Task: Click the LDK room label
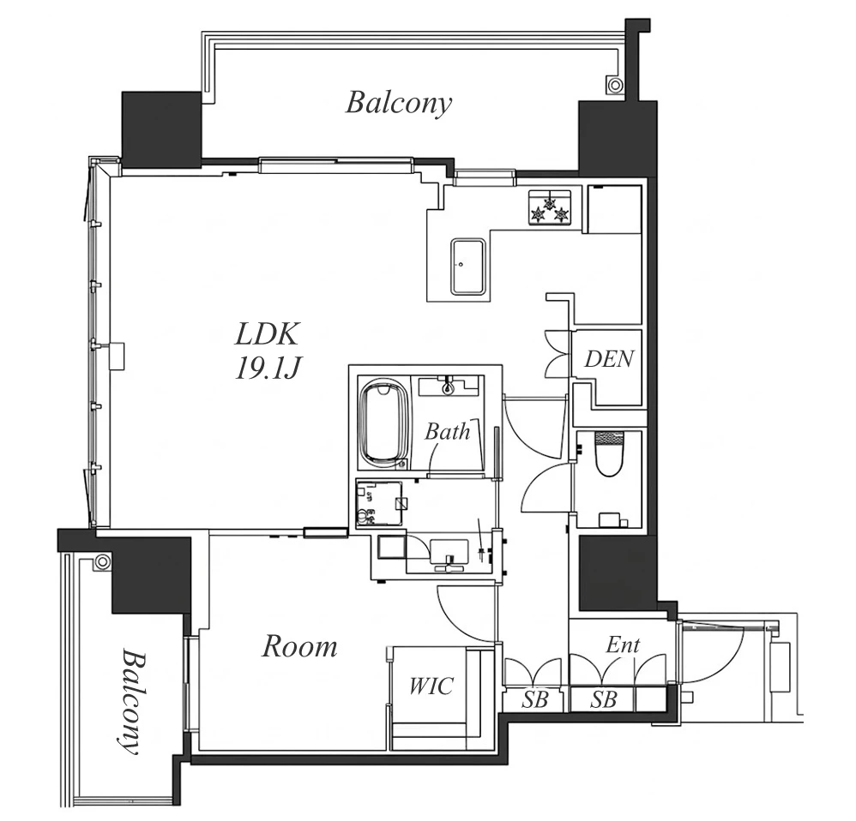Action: point(267,334)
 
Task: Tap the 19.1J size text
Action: point(268,369)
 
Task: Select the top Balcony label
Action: point(399,103)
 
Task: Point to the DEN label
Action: point(609,359)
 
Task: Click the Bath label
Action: point(447,432)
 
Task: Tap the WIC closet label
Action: point(431,686)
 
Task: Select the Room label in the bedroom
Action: point(299,646)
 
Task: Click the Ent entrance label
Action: point(623,645)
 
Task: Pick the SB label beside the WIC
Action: point(533,698)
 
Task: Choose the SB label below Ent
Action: point(603,698)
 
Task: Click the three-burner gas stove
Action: point(550,208)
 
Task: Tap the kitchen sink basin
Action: point(467,267)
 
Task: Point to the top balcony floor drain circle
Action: point(615,85)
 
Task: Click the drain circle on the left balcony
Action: point(101,561)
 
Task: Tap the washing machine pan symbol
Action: point(379,502)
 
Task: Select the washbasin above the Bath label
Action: point(449,386)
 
